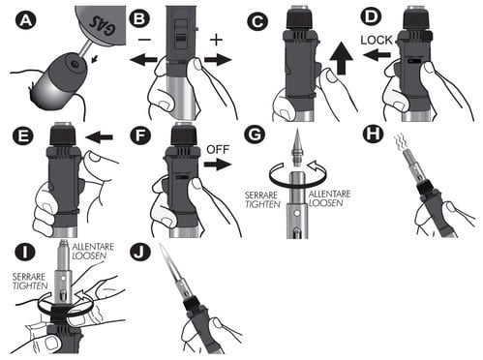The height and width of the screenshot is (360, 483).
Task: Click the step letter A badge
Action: [26, 21]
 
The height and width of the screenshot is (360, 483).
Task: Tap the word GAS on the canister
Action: [103, 25]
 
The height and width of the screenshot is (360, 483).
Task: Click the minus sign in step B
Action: [144, 40]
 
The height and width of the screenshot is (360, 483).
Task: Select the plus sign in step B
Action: [216, 40]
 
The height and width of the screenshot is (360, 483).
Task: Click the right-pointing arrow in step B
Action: [218, 60]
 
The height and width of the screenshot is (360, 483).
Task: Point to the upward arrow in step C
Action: [342, 58]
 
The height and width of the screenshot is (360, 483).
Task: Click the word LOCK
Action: [377, 40]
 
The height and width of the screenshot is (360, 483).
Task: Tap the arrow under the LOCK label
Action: [377, 55]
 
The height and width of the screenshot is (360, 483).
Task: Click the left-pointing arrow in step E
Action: [100, 137]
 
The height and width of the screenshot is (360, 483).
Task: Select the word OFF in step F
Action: [218, 150]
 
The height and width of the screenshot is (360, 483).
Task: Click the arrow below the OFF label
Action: [218, 165]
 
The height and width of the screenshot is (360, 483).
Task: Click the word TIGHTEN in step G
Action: [262, 204]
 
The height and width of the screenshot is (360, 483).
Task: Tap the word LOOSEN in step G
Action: [325, 203]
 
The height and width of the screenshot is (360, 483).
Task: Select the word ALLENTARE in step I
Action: [93, 247]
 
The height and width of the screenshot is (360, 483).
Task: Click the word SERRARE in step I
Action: [29, 277]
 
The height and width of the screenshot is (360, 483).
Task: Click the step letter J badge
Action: [140, 253]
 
